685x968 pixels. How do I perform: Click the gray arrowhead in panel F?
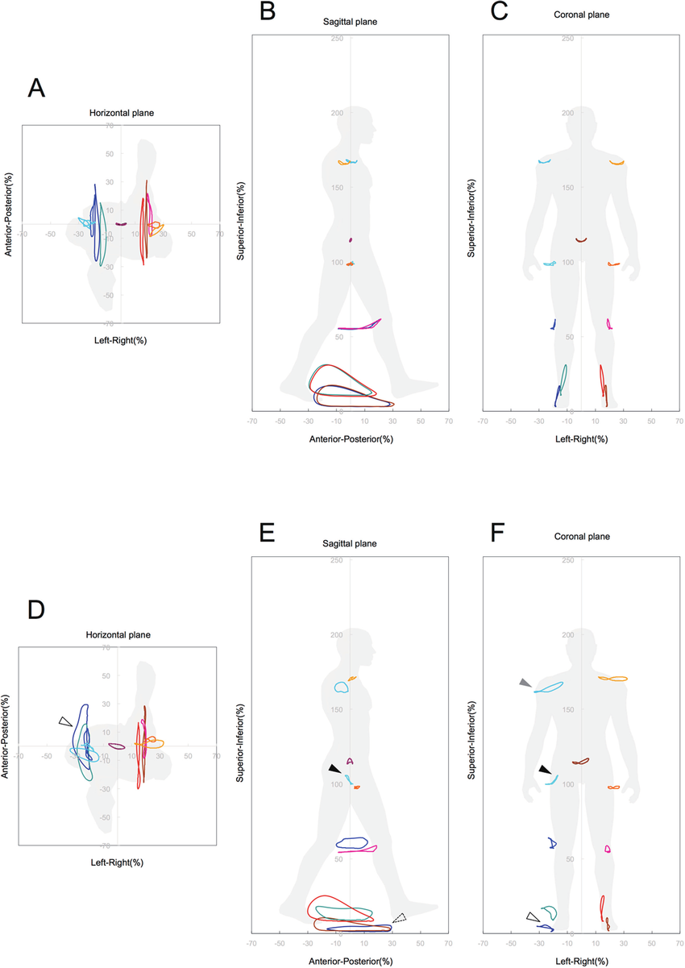tap(525, 683)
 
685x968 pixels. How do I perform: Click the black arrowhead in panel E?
tap(334, 770)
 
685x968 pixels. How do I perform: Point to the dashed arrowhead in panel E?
tap(400, 917)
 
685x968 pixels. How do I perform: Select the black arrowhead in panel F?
tap(546, 770)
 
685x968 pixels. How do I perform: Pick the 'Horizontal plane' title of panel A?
tap(121, 113)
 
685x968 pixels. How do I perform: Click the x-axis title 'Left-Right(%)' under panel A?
tap(121, 341)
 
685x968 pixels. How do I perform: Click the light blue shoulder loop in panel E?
tap(341, 688)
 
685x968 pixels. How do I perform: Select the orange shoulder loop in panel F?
tap(614, 679)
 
